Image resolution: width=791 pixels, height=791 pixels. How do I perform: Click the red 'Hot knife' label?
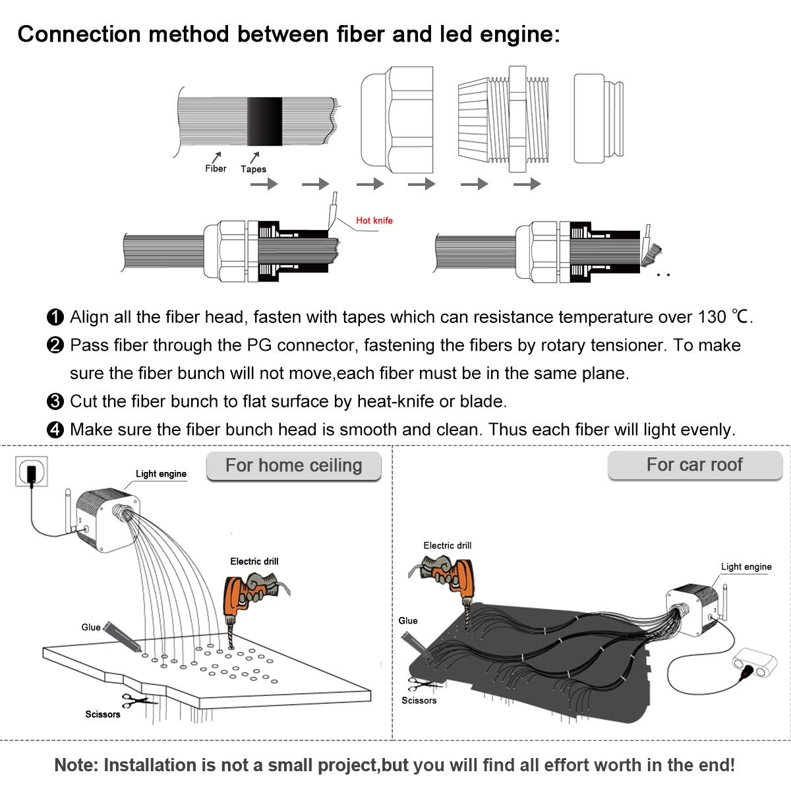tap(374, 221)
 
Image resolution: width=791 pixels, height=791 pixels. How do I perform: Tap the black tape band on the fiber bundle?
tap(264, 121)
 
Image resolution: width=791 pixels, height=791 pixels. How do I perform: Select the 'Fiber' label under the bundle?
tap(216, 169)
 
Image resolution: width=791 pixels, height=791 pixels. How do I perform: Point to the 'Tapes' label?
tap(253, 169)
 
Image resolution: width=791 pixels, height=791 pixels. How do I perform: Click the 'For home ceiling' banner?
tap(294, 465)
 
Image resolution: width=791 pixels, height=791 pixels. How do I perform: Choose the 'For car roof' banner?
tap(694, 465)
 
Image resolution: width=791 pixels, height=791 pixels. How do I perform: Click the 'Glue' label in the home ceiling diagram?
tap(91, 627)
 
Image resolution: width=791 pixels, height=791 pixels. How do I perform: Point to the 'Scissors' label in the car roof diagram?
tap(419, 700)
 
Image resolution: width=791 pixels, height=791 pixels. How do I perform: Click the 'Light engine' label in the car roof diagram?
tap(746, 567)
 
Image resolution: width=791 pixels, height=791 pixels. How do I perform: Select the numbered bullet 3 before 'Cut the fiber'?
tap(56, 401)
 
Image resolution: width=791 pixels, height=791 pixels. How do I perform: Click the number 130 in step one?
tap(711, 317)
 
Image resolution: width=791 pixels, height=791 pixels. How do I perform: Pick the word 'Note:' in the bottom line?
tap(77, 765)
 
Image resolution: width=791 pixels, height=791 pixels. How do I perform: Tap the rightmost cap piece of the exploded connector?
tap(598, 118)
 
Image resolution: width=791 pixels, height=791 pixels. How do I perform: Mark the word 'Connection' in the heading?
tap(79, 34)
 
